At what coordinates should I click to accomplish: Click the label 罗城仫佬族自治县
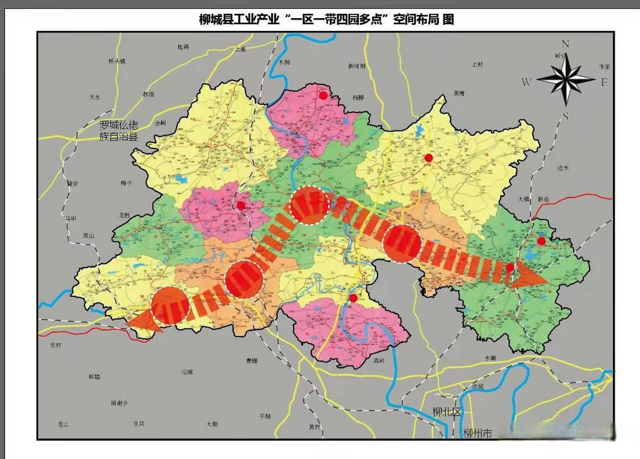[x=118, y=131]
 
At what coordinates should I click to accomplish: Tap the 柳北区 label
[x=447, y=412]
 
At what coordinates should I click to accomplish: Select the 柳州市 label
[x=477, y=433]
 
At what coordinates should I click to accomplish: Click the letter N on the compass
[x=565, y=44]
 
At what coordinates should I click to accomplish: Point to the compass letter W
[x=526, y=82]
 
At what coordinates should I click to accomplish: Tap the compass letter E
[x=604, y=82]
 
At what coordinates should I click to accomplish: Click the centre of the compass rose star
[x=566, y=79]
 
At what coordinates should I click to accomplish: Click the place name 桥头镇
[x=117, y=61]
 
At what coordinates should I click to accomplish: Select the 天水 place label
[x=95, y=97]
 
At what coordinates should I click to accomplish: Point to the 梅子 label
[x=127, y=183]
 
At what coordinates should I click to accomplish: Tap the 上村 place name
[x=477, y=65]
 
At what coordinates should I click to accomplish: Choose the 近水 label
[x=563, y=167]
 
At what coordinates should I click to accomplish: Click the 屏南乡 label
[x=119, y=403]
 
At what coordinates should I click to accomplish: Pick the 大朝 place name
[x=212, y=424]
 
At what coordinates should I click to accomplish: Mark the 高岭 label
[x=379, y=361]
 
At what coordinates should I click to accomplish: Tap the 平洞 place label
[x=265, y=416]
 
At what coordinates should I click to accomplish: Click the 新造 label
[x=543, y=199]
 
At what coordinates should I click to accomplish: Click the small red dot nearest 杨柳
[x=323, y=95]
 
